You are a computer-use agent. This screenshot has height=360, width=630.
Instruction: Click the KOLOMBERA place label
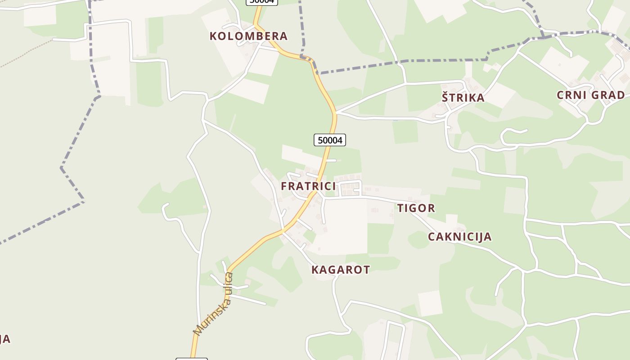(x=248, y=36)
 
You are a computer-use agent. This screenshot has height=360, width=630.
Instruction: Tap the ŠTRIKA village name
(x=463, y=98)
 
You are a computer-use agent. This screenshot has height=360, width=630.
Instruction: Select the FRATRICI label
(x=308, y=186)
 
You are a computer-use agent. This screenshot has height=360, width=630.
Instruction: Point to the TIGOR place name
(x=416, y=208)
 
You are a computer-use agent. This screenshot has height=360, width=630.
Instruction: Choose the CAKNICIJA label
(x=459, y=237)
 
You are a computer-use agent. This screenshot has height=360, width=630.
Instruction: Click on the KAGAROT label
(x=341, y=270)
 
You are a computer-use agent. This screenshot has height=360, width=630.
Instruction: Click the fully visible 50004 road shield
(x=330, y=140)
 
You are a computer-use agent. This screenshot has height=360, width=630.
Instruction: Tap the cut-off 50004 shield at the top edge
(x=261, y=1)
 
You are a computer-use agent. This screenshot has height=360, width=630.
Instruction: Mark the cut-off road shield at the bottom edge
(x=191, y=359)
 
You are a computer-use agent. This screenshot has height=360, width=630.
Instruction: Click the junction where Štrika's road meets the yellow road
(x=335, y=112)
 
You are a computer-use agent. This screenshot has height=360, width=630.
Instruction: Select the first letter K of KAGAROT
(x=315, y=270)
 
